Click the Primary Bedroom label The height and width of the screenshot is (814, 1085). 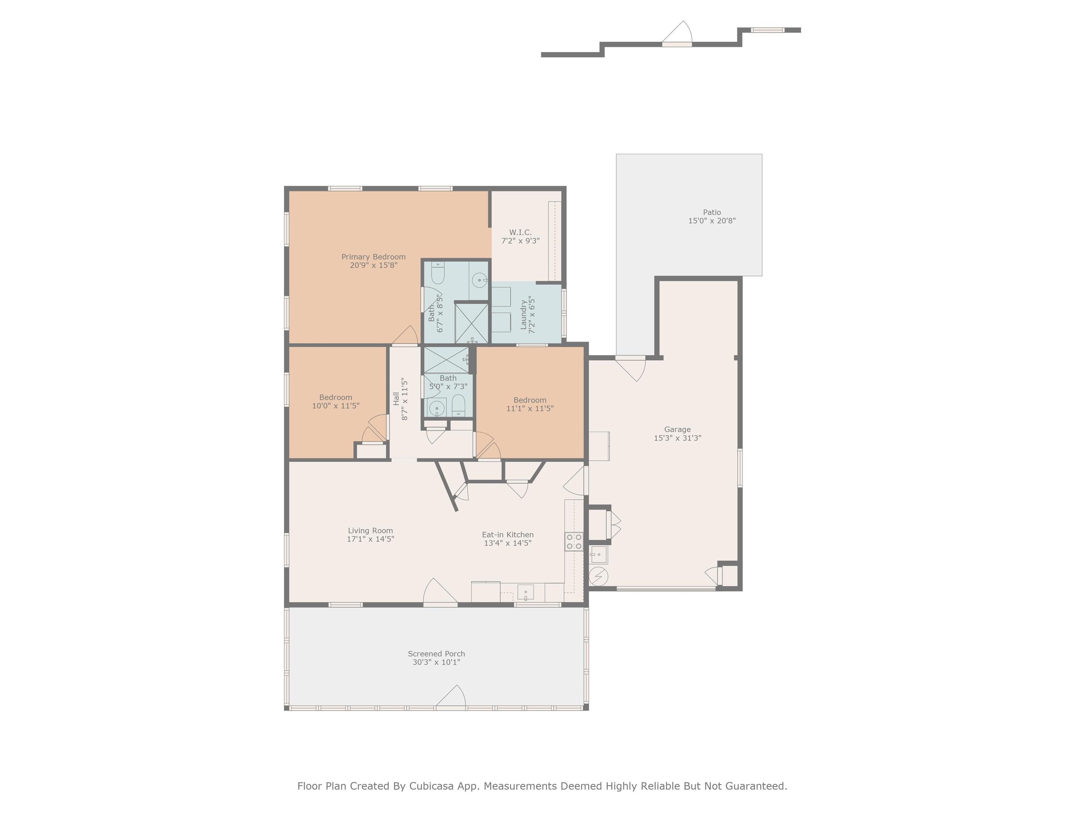373,256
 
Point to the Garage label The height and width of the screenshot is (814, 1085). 677,429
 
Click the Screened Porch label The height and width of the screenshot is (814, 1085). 436,654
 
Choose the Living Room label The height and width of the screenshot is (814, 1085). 370,530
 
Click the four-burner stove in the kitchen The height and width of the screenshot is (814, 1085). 574,541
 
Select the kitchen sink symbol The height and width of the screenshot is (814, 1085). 525,592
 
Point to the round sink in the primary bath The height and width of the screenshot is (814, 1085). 478,280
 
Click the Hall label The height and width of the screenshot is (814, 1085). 396,399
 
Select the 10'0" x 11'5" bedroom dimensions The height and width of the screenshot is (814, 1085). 336,406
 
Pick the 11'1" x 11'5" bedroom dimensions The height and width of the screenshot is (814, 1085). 530,408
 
